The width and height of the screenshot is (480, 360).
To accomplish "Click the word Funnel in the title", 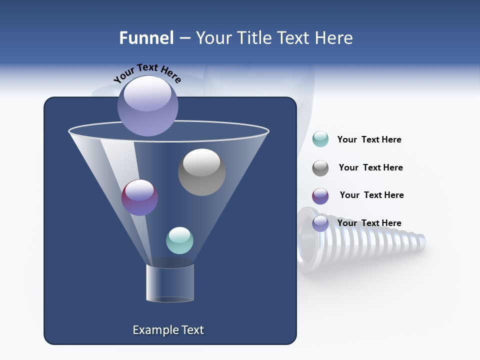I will pyautogui.click(x=146, y=38).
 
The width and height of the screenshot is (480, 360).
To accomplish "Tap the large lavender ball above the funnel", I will pyautogui.click(x=148, y=105).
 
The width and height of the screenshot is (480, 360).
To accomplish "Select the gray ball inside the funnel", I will pyautogui.click(x=201, y=172).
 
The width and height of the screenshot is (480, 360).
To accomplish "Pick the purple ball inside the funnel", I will pyautogui.click(x=139, y=197).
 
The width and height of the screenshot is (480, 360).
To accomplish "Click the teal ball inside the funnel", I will pyautogui.click(x=179, y=240).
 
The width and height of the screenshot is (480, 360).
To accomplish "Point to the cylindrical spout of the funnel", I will pyautogui.click(x=170, y=283).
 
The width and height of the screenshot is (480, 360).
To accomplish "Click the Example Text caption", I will pyautogui.click(x=168, y=330).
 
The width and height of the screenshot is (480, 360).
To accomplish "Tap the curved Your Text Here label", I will pyautogui.click(x=147, y=73).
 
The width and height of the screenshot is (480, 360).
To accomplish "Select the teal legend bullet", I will pyautogui.click(x=320, y=139).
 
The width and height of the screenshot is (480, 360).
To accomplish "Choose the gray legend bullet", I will pyautogui.click(x=320, y=168).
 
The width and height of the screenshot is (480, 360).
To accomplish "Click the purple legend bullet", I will pyautogui.click(x=320, y=196).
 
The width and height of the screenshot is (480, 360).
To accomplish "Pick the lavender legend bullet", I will pyautogui.click(x=320, y=223).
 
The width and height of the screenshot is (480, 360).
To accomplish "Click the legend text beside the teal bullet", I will pyautogui.click(x=369, y=139).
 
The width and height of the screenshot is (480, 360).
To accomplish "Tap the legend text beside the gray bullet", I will pyautogui.click(x=370, y=167).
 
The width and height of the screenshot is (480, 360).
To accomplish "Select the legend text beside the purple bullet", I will pyautogui.click(x=371, y=195).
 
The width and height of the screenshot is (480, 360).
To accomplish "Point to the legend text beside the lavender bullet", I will pyautogui.click(x=369, y=223).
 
